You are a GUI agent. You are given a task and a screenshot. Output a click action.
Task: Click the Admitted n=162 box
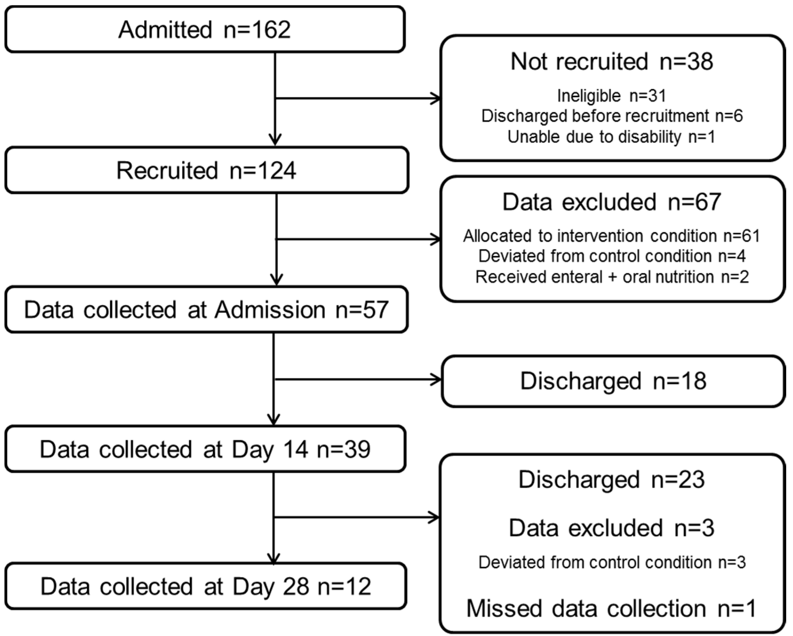pyautogui.click(x=205, y=29)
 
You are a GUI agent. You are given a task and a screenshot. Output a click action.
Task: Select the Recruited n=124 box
pyautogui.click(x=206, y=170)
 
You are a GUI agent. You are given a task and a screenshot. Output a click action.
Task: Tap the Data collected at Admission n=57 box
pyautogui.click(x=206, y=309)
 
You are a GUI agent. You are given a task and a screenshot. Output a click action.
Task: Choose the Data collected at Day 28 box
pyautogui.click(x=206, y=586)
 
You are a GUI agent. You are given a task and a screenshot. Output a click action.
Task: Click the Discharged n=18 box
pyautogui.click(x=613, y=381)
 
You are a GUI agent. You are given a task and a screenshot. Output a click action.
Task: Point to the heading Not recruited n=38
pyautogui.click(x=612, y=61)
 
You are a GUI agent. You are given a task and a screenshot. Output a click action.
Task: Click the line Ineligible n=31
pyautogui.click(x=612, y=96)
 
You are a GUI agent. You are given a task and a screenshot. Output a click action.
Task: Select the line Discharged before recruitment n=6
pyautogui.click(x=612, y=116)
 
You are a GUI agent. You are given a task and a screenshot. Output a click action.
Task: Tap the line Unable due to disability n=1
pyautogui.click(x=611, y=137)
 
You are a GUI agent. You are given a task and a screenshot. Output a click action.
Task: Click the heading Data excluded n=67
pyautogui.click(x=612, y=202)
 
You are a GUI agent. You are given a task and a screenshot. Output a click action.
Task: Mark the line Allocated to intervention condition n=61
pyautogui.click(x=612, y=236)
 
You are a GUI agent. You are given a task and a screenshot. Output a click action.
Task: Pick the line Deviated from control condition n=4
pyautogui.click(x=612, y=256)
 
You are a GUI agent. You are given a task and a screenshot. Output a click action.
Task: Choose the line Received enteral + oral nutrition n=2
pyautogui.click(x=612, y=277)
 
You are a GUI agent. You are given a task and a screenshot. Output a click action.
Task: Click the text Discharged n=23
pyautogui.click(x=611, y=480)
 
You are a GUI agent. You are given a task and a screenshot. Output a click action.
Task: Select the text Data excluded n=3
pyautogui.click(x=611, y=528)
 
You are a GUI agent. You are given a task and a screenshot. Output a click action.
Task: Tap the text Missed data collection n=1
pyautogui.click(x=611, y=608)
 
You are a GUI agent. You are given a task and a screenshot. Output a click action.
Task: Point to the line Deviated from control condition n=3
pyautogui.click(x=612, y=562)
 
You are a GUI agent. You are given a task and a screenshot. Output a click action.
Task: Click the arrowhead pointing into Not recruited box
pyautogui.click(x=436, y=99)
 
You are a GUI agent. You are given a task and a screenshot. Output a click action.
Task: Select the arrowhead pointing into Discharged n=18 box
pyautogui.click(x=437, y=379)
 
